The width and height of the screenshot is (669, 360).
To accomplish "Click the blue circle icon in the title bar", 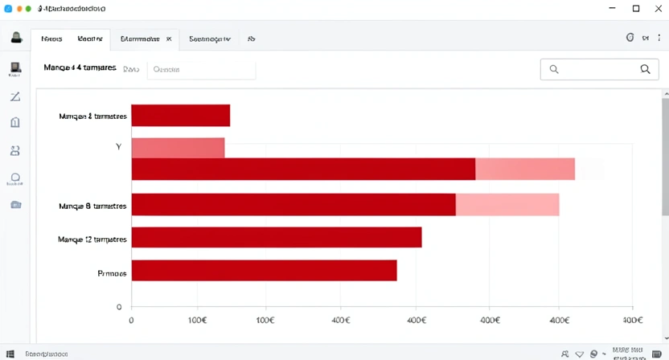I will (8, 9).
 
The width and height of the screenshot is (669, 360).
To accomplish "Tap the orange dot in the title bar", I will (18, 9).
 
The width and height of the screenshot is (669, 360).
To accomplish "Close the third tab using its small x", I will (169, 39).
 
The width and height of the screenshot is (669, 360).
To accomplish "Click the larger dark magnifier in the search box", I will (645, 69).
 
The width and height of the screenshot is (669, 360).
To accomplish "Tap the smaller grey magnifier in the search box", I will (554, 69).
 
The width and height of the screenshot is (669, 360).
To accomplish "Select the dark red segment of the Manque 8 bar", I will (293, 205).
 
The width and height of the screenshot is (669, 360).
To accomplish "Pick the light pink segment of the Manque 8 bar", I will (507, 205).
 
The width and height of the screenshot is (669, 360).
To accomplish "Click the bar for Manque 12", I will (276, 237).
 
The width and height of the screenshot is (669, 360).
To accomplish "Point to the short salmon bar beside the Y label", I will (178, 148).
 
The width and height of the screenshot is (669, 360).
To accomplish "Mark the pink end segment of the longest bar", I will (525, 169).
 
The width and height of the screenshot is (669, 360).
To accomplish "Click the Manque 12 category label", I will (92, 239).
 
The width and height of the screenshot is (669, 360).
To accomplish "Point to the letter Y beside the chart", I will (118, 147).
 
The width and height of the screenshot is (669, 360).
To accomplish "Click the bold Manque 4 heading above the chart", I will (80, 68).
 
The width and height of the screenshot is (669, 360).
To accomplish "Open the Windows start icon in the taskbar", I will (10, 354).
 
